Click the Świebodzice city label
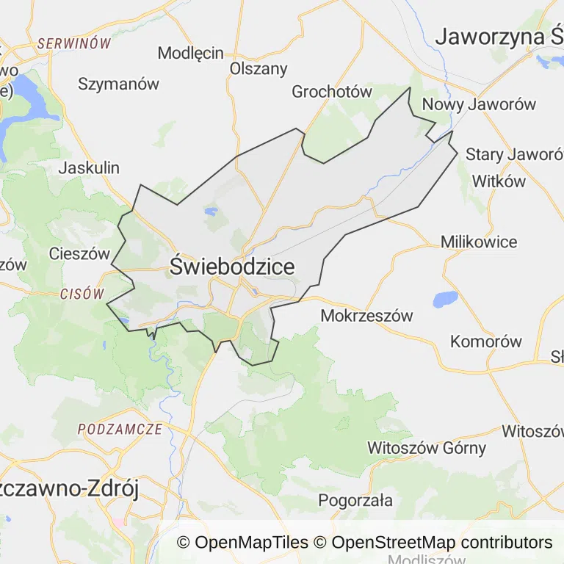(x=232, y=267)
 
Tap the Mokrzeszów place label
(x=367, y=316)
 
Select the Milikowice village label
(x=479, y=242)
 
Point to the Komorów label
(x=486, y=341)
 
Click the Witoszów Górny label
(x=427, y=447)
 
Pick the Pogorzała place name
(x=355, y=501)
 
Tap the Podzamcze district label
(x=119, y=429)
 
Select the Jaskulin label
(x=89, y=167)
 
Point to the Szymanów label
(x=118, y=84)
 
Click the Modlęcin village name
(x=191, y=53)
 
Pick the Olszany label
(x=258, y=68)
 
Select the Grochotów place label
(x=332, y=92)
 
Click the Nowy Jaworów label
(x=479, y=104)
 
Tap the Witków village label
(x=499, y=181)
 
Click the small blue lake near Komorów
(x=445, y=299)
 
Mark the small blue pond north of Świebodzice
(x=211, y=211)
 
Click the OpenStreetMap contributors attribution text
(x=442, y=543)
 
